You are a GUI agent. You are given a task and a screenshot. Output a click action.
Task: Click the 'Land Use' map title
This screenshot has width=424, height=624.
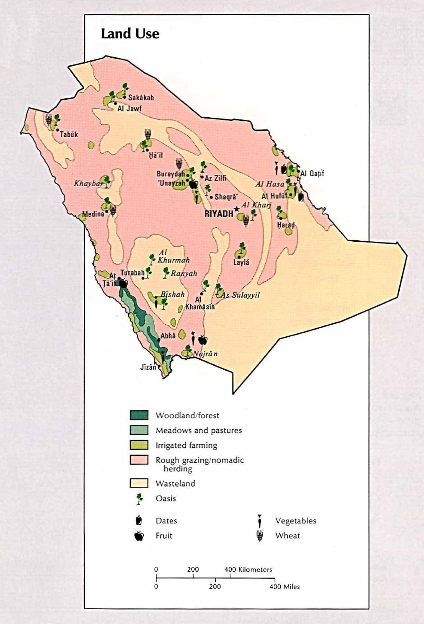tap(130, 34)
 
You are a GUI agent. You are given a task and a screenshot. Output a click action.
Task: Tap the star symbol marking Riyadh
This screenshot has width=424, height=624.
tap(236, 209)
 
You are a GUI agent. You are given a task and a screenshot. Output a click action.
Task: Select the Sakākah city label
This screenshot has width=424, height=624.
tap(141, 98)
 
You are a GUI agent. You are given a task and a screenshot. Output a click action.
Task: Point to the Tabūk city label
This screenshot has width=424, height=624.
tap(69, 134)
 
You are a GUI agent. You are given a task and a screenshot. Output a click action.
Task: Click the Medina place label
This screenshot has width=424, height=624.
tap(93, 214)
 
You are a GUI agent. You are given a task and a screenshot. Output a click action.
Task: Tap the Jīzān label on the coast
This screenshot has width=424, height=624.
tap(148, 367)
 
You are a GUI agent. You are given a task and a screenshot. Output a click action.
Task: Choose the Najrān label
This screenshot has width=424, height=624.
tap(205, 354)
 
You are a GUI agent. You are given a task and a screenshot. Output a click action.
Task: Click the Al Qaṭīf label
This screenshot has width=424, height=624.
tap(312, 173)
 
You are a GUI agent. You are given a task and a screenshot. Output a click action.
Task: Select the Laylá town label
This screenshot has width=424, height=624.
tap(241, 262)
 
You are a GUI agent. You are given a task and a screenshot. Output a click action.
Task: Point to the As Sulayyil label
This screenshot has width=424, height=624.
tap(240, 295)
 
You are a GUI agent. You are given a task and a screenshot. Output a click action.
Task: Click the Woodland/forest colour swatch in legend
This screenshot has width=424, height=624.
tap(139, 415)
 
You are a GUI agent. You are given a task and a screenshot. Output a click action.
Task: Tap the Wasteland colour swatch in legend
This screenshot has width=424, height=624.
tap(139, 483)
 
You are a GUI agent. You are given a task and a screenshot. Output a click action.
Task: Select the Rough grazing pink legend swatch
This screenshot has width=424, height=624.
tap(139, 460)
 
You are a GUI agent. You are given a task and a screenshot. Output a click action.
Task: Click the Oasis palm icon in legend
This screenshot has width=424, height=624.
tap(140, 499)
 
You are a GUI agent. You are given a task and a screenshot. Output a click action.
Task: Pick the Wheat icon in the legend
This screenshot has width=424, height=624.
tap(260, 536)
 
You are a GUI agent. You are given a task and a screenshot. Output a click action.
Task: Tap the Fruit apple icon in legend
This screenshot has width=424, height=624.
tap(139, 536)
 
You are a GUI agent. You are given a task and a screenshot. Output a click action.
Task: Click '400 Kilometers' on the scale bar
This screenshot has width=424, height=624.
tap(248, 570)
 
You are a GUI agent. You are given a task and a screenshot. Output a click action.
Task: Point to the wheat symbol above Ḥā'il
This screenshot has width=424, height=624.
tap(148, 134)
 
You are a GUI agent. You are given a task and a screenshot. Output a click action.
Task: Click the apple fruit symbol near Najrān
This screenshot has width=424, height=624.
tap(202, 340)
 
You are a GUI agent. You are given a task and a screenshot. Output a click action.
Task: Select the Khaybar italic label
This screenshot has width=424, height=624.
tap(88, 183)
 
